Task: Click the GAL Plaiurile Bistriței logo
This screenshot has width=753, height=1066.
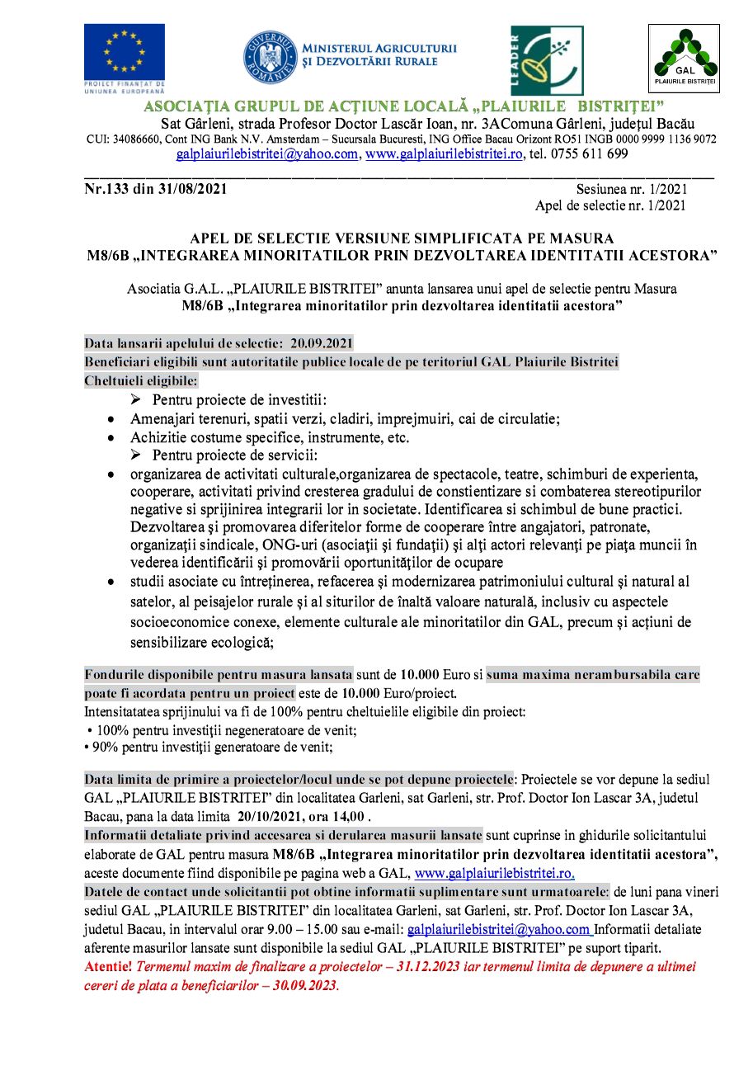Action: click(x=684, y=58)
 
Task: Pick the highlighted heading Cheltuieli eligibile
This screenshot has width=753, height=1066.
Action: click(x=141, y=381)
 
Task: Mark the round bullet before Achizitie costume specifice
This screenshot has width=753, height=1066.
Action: click(x=111, y=437)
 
